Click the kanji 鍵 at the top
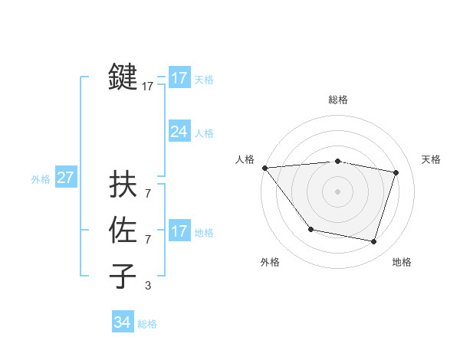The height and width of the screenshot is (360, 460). tap(123, 78)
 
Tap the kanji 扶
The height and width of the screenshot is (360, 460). tap(123, 184)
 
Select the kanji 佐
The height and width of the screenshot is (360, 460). tap(123, 231)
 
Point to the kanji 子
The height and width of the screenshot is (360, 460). tap(123, 277)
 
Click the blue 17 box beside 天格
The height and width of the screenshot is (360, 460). tap(179, 78)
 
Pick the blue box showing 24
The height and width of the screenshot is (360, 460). tap(179, 132)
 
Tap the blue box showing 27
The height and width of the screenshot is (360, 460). tap(65, 178)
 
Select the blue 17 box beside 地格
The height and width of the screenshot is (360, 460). tap(179, 231)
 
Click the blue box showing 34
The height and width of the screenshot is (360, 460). tap(122, 322)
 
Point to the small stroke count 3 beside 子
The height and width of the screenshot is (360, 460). tap(148, 286)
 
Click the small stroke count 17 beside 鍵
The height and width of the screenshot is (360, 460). tap(148, 87)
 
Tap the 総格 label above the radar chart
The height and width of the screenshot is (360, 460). tap(338, 100)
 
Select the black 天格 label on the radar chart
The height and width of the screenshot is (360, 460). tap(431, 159)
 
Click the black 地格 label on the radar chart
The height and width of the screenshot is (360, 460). tap(402, 262)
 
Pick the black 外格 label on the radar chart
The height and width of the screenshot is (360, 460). tap(270, 262)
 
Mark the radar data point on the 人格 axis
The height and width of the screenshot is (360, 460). tap(264, 167)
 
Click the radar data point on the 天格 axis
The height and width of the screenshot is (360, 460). tap(396, 172)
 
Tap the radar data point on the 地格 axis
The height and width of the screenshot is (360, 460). tap(374, 242)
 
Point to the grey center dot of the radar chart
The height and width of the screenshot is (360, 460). tap(337, 191)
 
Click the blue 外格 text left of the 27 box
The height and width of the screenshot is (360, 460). tap(41, 179)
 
